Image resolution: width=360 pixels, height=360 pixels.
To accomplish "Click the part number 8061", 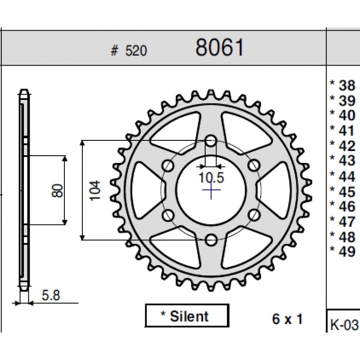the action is (x=219, y=47).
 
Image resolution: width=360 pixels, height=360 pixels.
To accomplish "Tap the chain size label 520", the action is (x=136, y=51).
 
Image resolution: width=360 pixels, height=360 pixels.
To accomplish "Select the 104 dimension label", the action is (x=95, y=191).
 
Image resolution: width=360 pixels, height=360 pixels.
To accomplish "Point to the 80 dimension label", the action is (x=57, y=190).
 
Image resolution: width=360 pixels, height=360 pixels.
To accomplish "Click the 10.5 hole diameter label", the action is (x=211, y=178).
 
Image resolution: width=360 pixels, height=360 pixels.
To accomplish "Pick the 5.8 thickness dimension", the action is (x=51, y=295).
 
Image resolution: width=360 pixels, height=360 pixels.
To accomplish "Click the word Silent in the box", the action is (x=189, y=316).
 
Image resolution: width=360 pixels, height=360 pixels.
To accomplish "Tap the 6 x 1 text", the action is (x=288, y=319).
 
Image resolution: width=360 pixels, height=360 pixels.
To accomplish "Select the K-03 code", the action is (x=344, y=325).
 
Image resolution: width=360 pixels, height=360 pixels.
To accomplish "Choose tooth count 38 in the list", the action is (x=347, y=85).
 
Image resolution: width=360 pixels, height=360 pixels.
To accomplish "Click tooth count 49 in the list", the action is (x=347, y=252).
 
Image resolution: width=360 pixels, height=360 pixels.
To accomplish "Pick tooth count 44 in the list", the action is (x=347, y=176).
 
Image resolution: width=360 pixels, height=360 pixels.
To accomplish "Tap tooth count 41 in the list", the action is (x=347, y=130).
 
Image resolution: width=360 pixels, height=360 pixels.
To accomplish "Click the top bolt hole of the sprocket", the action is (x=211, y=141).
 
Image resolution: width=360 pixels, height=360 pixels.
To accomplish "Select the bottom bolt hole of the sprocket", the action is (x=211, y=240).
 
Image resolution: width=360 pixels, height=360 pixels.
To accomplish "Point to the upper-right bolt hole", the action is (x=254, y=165).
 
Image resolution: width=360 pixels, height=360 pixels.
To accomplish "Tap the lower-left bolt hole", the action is (x=168, y=216).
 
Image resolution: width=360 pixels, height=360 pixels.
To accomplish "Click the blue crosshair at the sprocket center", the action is (x=211, y=190).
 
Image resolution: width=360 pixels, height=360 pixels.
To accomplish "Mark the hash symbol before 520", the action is (x=114, y=51).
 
